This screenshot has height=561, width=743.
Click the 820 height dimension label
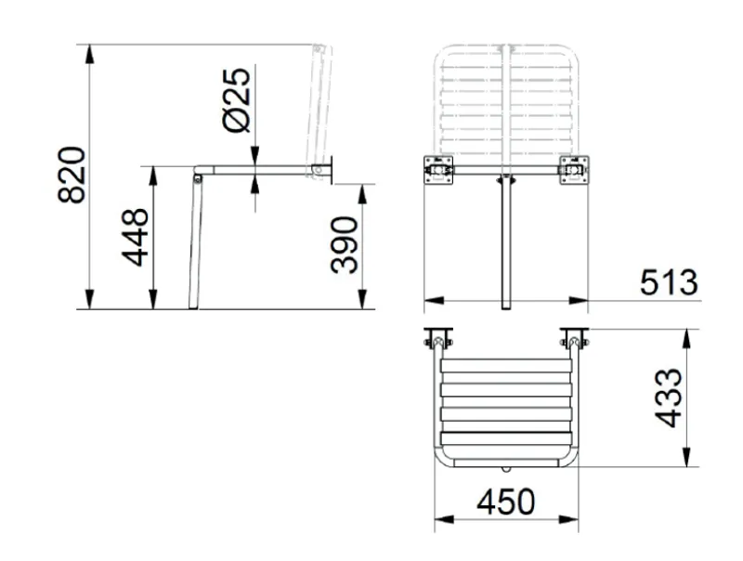(72, 175)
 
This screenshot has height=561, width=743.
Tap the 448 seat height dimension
(135, 237)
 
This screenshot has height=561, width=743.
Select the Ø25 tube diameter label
(236, 100)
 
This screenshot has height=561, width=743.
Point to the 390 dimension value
(344, 245)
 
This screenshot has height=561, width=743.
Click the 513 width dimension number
(669, 282)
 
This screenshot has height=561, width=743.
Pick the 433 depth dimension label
(668, 398)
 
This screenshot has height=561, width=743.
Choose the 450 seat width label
(505, 502)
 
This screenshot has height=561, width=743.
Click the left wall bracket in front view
(438, 170)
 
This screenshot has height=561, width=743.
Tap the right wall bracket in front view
(574, 170)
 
